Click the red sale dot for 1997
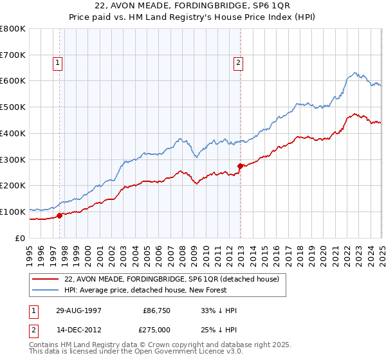(x=60, y=215)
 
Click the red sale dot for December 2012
(x=240, y=166)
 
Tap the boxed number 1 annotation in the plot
(x=58, y=62)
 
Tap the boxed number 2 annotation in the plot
(x=238, y=62)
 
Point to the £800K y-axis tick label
(x=13, y=29)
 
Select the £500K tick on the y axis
(x=13, y=107)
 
